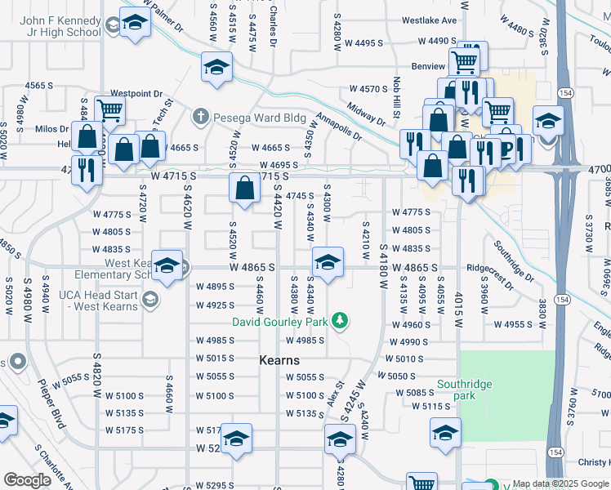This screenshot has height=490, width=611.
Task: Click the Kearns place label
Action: click(x=279, y=360)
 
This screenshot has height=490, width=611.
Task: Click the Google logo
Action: click(x=27, y=480)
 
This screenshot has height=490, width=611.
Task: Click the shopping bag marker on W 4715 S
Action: click(x=244, y=189)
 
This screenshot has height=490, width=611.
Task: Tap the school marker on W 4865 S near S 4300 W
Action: click(x=327, y=263)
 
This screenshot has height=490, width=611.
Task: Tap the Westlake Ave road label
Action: click(x=430, y=20)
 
